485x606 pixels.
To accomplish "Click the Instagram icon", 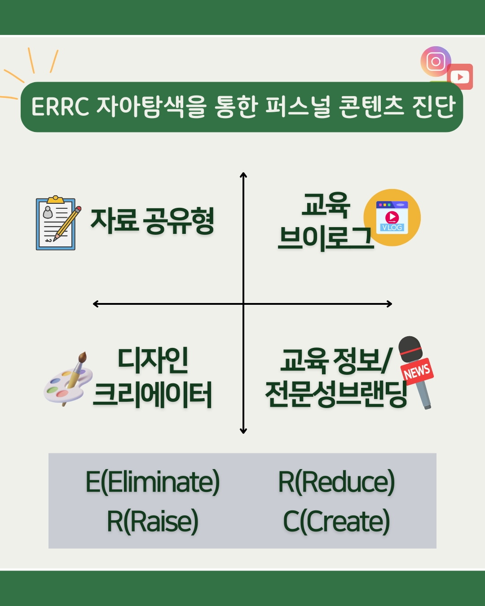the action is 436,61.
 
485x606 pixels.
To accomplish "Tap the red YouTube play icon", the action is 460,77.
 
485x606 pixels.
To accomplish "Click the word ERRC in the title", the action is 60,107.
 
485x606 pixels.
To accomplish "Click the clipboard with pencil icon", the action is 58,223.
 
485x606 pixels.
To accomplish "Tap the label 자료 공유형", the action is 152,221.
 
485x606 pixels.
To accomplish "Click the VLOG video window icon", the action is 392,217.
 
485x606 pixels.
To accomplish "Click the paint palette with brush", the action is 68,379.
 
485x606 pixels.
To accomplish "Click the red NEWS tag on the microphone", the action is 417,371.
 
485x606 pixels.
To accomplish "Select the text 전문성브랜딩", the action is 336,394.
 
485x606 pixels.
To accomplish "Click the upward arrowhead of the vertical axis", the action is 243,175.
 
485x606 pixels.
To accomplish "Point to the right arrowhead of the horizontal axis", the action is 389,304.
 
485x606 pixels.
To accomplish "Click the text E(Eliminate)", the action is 153,482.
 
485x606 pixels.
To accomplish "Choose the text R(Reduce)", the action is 336,482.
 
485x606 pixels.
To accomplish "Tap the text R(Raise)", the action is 153,522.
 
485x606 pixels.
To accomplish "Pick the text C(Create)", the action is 336,522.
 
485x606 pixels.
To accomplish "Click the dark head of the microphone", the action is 410,349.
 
